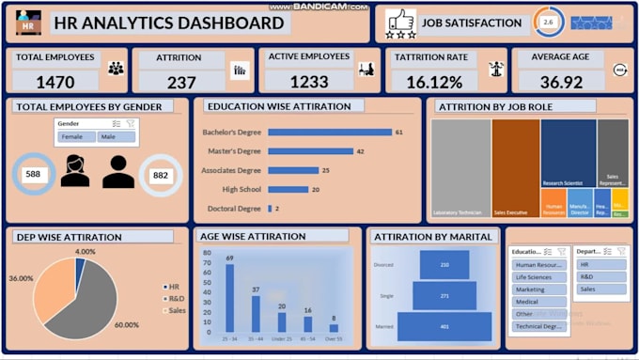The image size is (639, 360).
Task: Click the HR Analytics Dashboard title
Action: (169, 23)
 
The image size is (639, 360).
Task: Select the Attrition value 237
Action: (181, 83)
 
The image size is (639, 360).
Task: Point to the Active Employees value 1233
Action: (308, 82)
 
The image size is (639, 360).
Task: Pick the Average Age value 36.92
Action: (560, 83)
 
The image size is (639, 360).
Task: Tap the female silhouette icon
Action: (75, 172)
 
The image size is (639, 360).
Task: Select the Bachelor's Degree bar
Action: (329, 133)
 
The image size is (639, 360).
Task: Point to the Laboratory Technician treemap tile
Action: (460, 167)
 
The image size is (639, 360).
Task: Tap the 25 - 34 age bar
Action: (229, 298)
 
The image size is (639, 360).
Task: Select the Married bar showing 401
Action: (444, 326)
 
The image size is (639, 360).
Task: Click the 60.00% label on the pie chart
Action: (126, 325)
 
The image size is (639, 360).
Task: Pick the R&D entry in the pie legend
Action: (176, 298)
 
